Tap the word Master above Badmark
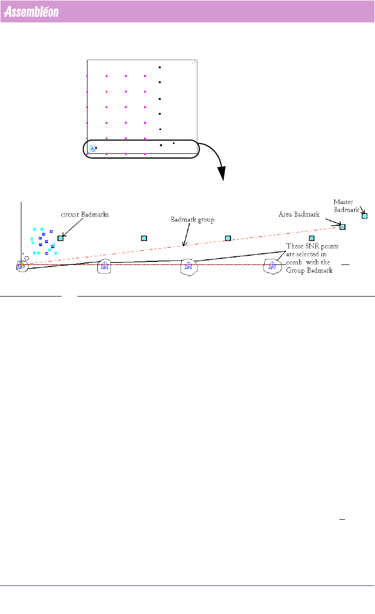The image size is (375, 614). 343,202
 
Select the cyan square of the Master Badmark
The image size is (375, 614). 364,216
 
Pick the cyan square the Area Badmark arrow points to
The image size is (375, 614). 342,227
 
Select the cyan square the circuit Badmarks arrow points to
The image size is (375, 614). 61,238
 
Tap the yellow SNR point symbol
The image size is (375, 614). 21,265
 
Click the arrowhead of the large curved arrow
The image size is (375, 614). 222,174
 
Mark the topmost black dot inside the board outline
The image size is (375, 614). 160,67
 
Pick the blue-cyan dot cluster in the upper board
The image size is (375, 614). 92,148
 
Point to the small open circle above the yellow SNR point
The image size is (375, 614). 26,258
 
